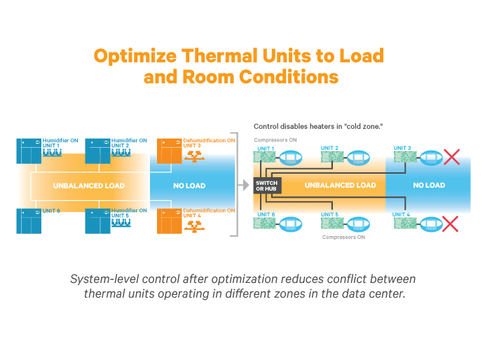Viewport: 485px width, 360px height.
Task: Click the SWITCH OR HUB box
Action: point(266,186)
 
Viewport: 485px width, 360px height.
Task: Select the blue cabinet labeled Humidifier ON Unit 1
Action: point(29,151)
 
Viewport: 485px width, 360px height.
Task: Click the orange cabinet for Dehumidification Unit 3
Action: point(169,151)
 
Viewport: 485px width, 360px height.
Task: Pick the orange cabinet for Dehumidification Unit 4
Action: point(169,220)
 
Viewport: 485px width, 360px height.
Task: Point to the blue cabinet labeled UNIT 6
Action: point(29,220)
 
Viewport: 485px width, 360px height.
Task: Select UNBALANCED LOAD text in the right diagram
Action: point(340,186)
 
